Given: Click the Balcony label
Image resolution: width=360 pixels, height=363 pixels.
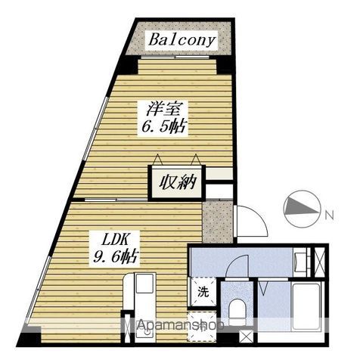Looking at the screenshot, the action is click(x=182, y=40).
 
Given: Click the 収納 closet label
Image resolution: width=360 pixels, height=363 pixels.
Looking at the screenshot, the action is click(x=178, y=182).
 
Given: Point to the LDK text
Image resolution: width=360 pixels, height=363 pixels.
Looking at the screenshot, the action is click(x=113, y=240).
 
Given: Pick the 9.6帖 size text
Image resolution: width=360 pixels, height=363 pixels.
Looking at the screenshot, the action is click(x=115, y=257).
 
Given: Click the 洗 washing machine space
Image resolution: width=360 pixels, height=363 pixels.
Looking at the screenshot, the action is click(x=203, y=292).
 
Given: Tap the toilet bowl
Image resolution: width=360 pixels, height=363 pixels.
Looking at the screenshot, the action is click(x=237, y=311).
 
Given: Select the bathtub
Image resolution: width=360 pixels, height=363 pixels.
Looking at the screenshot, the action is click(x=306, y=307).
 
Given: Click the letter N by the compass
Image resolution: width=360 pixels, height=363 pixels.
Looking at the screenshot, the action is click(x=329, y=215).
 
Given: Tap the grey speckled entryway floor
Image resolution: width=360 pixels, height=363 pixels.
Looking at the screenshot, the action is click(x=218, y=222).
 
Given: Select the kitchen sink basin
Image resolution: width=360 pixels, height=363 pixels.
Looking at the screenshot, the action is click(x=145, y=284).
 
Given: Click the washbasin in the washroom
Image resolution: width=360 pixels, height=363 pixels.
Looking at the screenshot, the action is click(x=300, y=263).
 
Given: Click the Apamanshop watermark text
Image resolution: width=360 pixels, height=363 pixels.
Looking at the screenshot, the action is click(x=181, y=325).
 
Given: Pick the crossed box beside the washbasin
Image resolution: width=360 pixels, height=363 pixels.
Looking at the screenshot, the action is click(x=319, y=262).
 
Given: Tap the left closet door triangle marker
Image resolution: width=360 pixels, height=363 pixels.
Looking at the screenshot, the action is click(x=158, y=160).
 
